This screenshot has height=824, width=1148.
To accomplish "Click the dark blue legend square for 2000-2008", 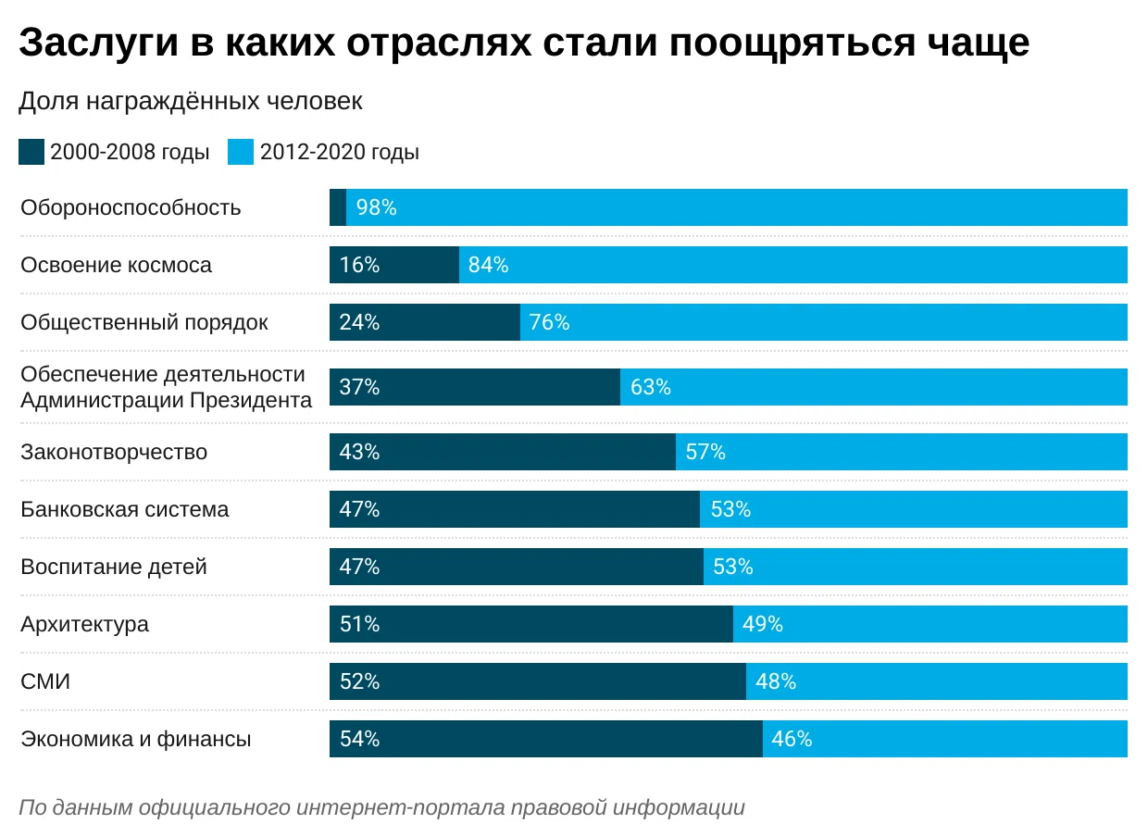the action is [x=31, y=152].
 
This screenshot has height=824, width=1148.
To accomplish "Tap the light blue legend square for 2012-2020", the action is [x=241, y=152].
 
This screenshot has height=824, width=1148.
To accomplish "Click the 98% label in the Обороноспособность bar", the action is [x=376, y=207].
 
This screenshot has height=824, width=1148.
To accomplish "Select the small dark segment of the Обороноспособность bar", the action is [x=338, y=207].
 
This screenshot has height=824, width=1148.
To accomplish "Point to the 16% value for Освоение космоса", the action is [x=359, y=265].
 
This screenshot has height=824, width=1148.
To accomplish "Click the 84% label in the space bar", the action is [x=488, y=265].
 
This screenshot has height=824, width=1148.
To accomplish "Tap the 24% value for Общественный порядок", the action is [x=359, y=322].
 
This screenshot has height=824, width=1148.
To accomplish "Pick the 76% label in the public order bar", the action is [x=549, y=322].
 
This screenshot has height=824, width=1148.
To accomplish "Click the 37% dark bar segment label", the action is [x=359, y=387].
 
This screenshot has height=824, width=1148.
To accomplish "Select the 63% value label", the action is [x=650, y=387].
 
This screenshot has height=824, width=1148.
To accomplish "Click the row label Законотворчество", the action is [x=114, y=452].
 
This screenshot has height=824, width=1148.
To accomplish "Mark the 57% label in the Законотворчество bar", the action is [x=705, y=452].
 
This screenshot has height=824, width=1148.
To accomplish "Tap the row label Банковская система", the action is [x=125, y=509].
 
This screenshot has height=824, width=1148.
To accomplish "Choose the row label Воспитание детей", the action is [x=114, y=567].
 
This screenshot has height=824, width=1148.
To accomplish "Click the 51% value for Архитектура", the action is [x=359, y=624].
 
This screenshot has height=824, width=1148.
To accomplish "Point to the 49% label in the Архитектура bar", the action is [x=763, y=624].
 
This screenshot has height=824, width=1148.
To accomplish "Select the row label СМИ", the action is [x=45, y=681].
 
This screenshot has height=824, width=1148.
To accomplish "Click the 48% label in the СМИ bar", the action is [x=776, y=681].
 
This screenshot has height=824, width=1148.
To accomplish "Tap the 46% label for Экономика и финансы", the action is [x=792, y=739].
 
